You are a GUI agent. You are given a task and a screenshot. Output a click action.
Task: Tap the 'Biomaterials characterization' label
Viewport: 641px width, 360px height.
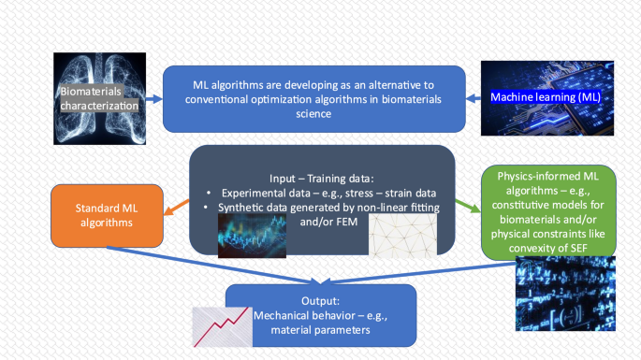(x=98, y=100)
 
